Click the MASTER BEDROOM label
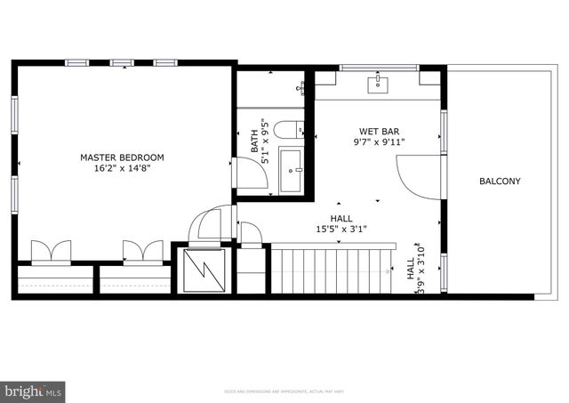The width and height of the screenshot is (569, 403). click(x=122, y=157)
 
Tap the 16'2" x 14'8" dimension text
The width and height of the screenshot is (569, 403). click(x=122, y=169)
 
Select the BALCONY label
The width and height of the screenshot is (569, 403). click(x=500, y=181)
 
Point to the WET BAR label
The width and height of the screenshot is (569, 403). click(x=379, y=130)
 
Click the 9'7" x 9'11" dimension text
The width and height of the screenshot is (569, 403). click(x=379, y=141)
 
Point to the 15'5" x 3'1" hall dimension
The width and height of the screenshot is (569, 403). click(x=329, y=230)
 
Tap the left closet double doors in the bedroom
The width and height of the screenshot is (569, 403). click(x=51, y=251)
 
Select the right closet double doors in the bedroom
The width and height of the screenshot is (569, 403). click(x=142, y=251)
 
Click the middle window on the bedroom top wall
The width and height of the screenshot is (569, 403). click(x=122, y=62)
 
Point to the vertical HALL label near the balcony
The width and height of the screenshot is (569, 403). click(x=410, y=270)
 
